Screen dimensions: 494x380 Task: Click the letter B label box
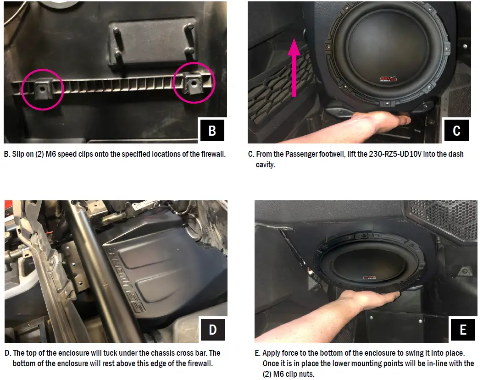point(212,130)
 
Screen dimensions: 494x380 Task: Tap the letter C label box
point(456,130)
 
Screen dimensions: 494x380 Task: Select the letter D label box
point(213,330)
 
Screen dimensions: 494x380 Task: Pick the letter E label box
point(463,330)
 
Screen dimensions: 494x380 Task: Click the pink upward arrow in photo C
point(294,67)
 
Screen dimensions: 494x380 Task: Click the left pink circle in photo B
point(43,90)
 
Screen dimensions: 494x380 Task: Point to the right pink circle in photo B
point(194,83)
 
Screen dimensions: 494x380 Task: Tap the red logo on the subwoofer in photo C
point(388,79)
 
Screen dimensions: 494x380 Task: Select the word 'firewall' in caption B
point(213,154)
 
